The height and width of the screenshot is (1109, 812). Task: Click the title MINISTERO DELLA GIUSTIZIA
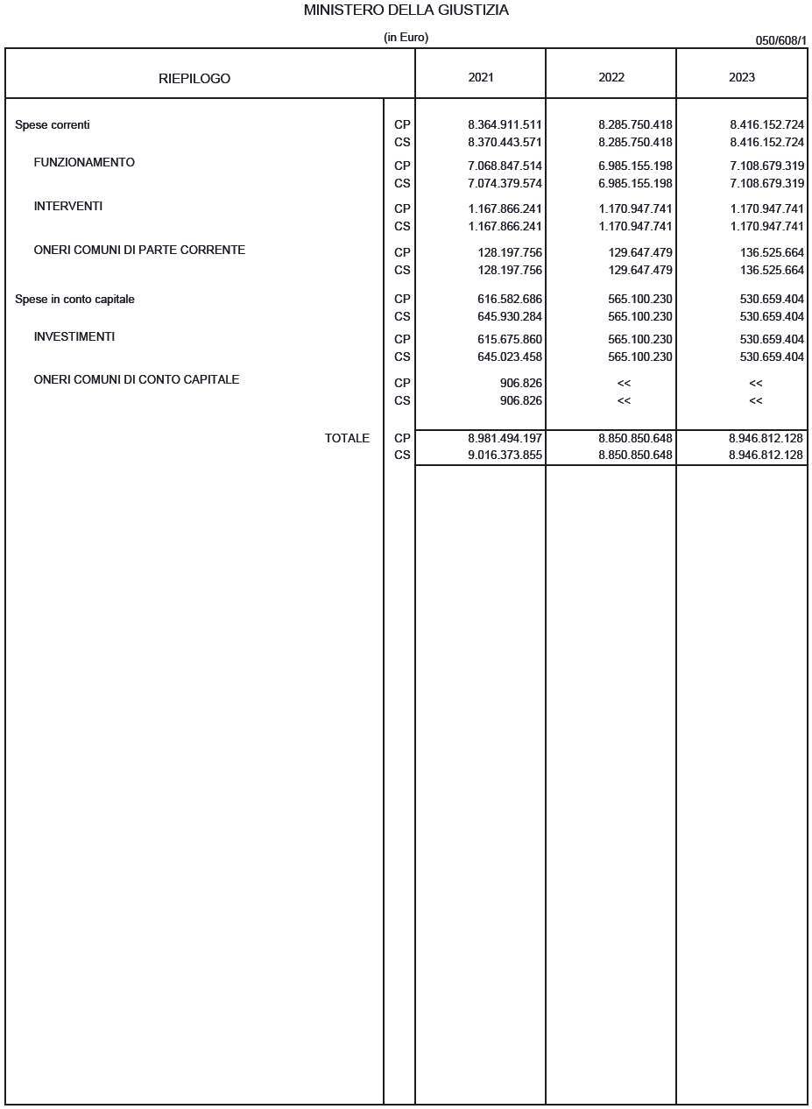(x=406, y=11)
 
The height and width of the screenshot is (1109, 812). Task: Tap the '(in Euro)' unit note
(x=406, y=38)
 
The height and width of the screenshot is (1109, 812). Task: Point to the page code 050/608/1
(x=780, y=41)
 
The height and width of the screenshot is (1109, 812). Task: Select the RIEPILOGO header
(x=194, y=79)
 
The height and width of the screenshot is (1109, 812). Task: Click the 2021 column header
(x=481, y=77)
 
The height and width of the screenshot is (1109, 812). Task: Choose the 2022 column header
(x=611, y=77)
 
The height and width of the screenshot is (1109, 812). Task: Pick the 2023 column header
(x=742, y=77)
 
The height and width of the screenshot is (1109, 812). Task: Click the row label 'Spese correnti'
(x=53, y=125)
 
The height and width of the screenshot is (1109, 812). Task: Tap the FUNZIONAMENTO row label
(x=84, y=163)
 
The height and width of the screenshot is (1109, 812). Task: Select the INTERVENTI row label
(x=68, y=207)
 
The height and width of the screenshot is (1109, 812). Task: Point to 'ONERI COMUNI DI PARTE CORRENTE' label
(x=139, y=251)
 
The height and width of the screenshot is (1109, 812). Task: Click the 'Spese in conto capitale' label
(x=74, y=300)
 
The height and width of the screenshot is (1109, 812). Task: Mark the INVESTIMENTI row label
(x=74, y=337)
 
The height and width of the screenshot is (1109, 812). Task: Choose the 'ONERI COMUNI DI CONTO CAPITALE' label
(x=137, y=380)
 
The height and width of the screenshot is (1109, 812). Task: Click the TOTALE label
(x=347, y=438)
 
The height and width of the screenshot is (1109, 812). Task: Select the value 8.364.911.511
(x=505, y=125)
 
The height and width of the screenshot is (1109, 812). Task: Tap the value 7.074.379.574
(x=505, y=184)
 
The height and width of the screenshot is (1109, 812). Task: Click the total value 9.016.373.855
(x=505, y=456)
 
